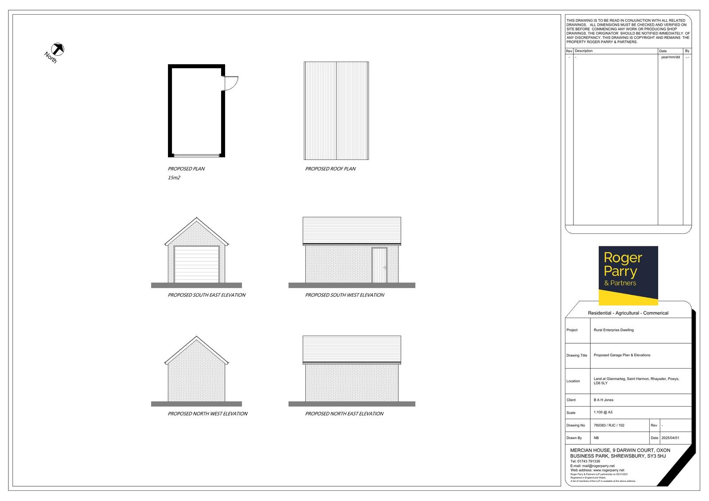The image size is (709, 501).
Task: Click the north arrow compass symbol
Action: tap(58, 49)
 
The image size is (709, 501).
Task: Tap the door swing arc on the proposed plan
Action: tap(234, 86)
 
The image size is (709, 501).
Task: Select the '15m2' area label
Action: tap(174, 178)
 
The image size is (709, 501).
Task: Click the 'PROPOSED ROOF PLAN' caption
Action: tap(330, 169)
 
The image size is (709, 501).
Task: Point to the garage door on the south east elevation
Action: tap(197, 264)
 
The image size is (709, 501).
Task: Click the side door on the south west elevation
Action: tap(379, 265)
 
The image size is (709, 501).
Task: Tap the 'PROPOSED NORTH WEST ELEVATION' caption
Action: tap(207, 414)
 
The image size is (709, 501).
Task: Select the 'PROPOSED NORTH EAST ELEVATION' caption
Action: tap(344, 414)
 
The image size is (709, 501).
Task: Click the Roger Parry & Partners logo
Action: tap(628, 276)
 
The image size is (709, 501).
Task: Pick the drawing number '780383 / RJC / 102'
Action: tap(609, 425)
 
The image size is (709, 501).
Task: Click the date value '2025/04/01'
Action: tap(670, 438)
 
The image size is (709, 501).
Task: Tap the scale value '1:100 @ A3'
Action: tap(603, 412)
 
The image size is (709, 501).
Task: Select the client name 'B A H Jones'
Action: tap(604, 400)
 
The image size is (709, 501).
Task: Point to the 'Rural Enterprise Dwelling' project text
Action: tap(614, 330)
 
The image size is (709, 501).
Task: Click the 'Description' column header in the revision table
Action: tap(584, 51)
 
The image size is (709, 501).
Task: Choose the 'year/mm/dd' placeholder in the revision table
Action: tap(670, 57)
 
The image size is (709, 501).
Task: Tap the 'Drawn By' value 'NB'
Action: tap(596, 438)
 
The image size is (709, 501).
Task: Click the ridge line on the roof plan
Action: tap(336, 111)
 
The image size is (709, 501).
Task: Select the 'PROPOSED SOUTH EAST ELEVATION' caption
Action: tap(206, 295)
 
